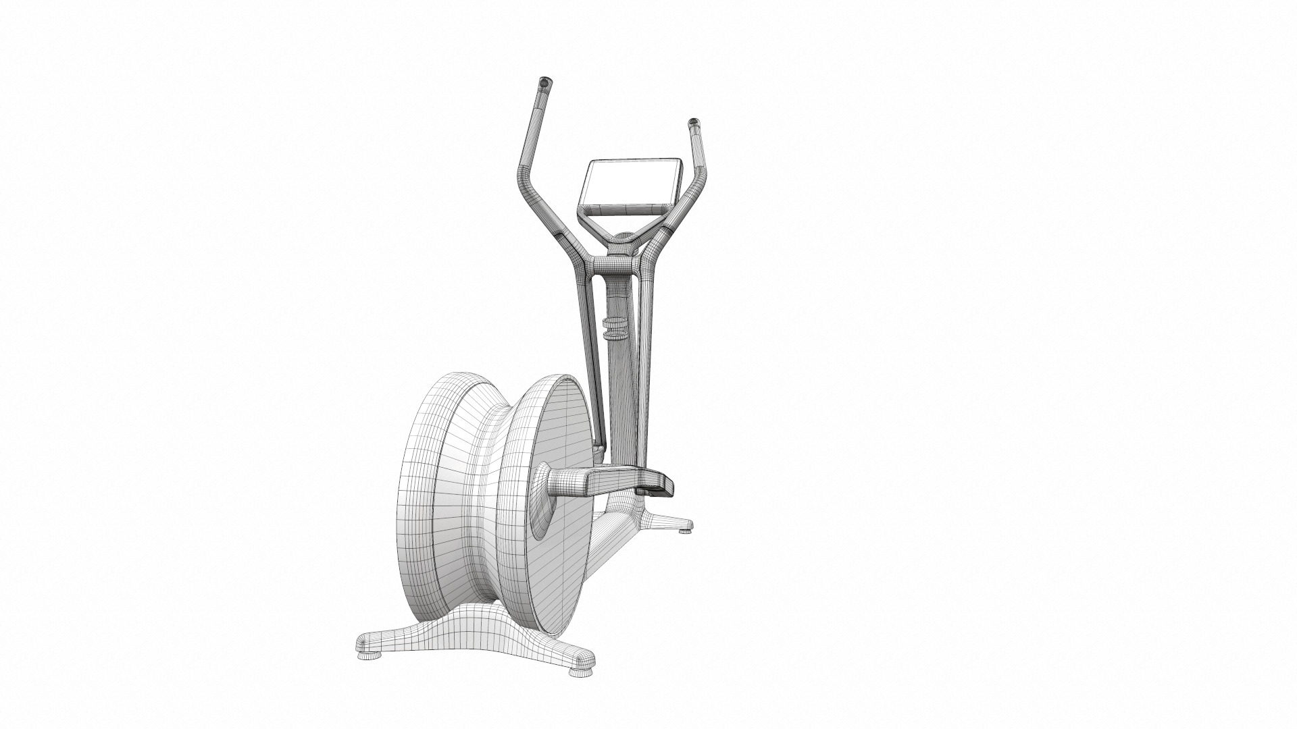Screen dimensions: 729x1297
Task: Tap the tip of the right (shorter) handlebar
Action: pos(693,124)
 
